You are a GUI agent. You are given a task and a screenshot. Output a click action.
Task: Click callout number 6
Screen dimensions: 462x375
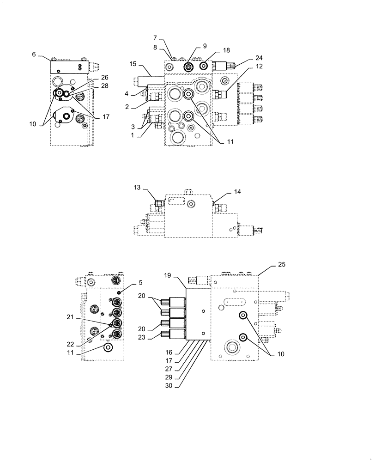[34, 55]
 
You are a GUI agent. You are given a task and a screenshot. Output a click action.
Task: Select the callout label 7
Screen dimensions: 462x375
[155, 37]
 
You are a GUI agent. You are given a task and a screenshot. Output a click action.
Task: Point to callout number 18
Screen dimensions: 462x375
[226, 49]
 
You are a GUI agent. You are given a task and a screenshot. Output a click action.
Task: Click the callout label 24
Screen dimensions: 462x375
[258, 58]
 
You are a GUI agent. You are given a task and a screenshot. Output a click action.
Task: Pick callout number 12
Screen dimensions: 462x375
[258, 67]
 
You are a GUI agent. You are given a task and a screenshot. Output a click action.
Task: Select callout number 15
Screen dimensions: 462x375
[133, 63]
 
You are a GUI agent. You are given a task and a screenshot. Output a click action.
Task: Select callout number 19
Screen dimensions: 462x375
[168, 275]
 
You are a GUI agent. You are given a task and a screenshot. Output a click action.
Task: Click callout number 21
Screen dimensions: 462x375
[70, 317]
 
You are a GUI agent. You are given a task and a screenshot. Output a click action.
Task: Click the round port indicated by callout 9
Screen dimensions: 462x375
[188, 67]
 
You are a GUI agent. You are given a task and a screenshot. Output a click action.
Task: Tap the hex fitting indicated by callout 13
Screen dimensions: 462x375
[158, 203]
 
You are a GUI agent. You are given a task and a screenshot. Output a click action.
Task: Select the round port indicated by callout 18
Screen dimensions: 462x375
[204, 67]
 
